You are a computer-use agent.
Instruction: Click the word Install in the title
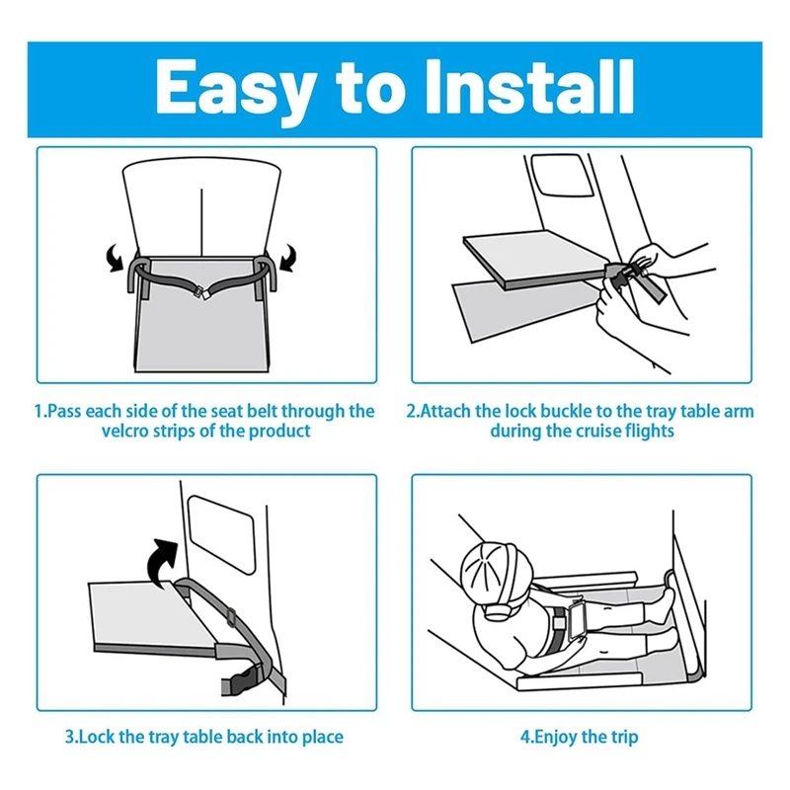pyautogui.click(x=530, y=87)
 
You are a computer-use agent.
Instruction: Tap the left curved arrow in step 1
pyautogui.click(x=115, y=258)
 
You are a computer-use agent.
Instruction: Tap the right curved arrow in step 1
pyautogui.click(x=288, y=258)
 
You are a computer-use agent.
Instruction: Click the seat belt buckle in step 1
pyautogui.click(x=202, y=292)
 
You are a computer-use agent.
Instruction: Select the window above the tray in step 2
pyautogui.click(x=563, y=175)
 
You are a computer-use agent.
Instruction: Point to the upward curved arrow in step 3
pyautogui.click(x=162, y=560)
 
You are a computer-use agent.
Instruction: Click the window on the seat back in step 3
pyautogui.click(x=221, y=534)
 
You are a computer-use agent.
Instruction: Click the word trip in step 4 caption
pyautogui.click(x=625, y=738)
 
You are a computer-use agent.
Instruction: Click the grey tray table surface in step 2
pyautogui.click(x=534, y=258)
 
